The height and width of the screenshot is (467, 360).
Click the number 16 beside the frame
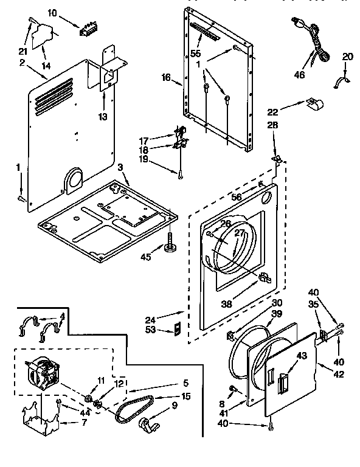(166, 77)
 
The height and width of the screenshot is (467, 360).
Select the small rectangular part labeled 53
(176, 330)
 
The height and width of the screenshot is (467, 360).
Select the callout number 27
(240, 233)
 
